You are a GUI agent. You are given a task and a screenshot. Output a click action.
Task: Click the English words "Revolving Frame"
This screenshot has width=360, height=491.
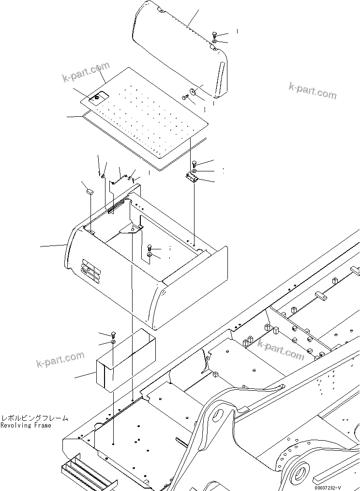pyautogui.click(x=26, y=425)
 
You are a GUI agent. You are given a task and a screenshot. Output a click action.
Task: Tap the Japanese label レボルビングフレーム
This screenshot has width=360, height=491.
pyautogui.click(x=34, y=418)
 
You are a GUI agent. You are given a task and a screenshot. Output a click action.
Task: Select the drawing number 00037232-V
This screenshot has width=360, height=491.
pyautogui.click(x=334, y=487)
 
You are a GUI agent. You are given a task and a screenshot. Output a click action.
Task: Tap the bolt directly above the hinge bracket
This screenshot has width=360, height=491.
pyautogui.click(x=194, y=163)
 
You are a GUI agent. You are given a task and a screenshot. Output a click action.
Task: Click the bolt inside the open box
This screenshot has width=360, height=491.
pyautogui.click(x=150, y=247)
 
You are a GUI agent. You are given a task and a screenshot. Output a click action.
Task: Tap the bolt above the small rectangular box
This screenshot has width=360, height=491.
pyautogui.click(x=113, y=334)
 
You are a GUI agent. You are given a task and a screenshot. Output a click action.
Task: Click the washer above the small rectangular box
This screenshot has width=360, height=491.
pyautogui.click(x=113, y=342)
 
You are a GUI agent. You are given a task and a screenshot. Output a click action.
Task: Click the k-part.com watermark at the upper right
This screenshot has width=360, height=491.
pyautogui.click(x=312, y=90)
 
